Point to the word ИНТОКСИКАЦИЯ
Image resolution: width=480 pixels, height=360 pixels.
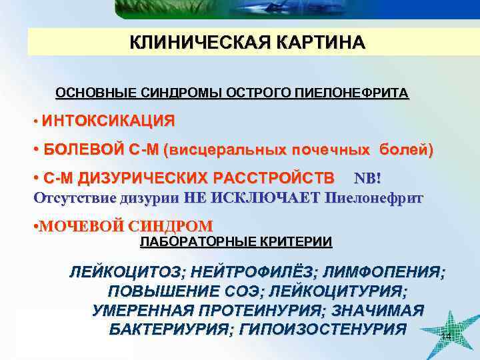[x=109, y=121]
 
